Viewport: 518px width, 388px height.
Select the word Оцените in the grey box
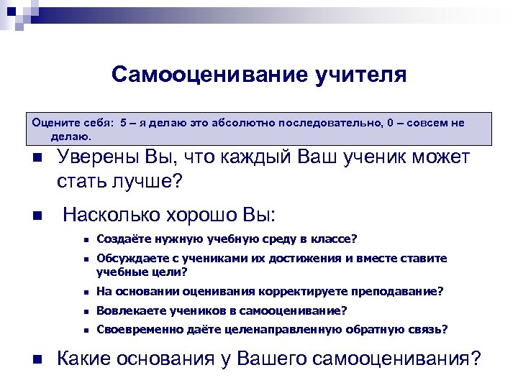point(52,123)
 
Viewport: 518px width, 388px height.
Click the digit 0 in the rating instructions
point(389,123)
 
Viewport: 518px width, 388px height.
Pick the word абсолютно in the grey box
point(248,123)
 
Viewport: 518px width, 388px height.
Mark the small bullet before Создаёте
point(85,240)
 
